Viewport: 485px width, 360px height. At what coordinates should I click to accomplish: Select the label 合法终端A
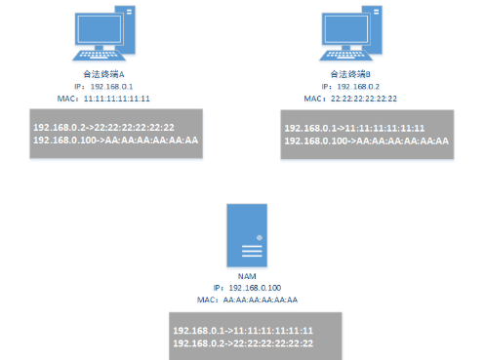[x=102, y=74]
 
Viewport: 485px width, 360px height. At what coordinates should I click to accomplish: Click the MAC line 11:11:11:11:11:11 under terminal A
[x=102, y=99]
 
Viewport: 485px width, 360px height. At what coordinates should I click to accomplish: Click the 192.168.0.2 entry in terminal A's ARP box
[x=103, y=128]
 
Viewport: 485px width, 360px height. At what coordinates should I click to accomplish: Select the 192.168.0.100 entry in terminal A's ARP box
[x=115, y=140]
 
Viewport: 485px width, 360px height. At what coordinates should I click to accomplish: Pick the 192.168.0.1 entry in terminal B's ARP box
[x=353, y=129]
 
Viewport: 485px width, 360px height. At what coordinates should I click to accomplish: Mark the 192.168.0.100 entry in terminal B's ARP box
[x=366, y=141]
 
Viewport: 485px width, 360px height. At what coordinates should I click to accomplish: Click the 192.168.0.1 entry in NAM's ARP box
[x=242, y=331]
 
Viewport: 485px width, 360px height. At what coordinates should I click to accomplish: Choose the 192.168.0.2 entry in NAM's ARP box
[x=242, y=343]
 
